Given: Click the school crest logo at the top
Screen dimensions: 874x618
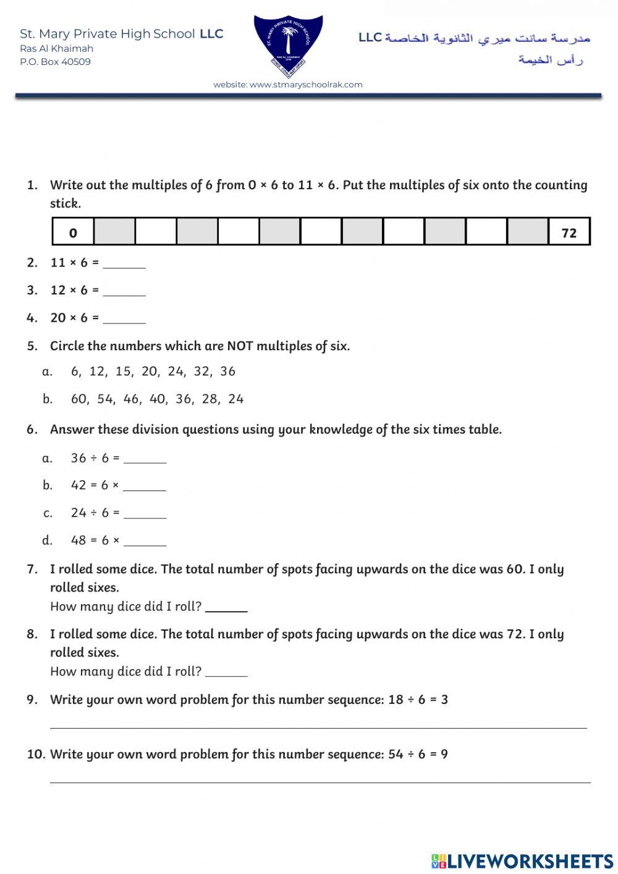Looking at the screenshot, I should pyautogui.click(x=288, y=46).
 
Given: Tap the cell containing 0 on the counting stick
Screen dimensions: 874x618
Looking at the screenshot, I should pyautogui.click(x=73, y=233).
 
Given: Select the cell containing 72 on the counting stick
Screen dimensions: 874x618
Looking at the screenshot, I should pyautogui.click(x=569, y=233).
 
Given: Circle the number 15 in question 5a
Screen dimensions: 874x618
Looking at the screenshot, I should pyautogui.click(x=124, y=371).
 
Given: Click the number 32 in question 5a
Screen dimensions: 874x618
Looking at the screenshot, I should pyautogui.click(x=201, y=371).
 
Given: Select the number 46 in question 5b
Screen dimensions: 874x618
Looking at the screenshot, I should pyautogui.click(x=132, y=399).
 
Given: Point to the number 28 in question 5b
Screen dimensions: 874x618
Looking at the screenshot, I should pyautogui.click(x=210, y=399).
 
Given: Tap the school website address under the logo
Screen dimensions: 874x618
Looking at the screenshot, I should pyautogui.click(x=288, y=85).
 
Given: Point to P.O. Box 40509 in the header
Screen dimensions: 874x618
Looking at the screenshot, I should pyautogui.click(x=55, y=62).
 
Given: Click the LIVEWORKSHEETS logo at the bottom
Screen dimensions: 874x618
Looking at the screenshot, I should pyautogui.click(x=522, y=861).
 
